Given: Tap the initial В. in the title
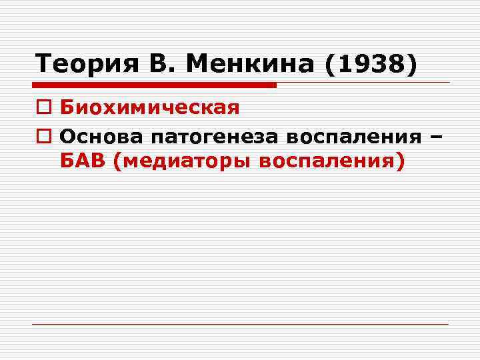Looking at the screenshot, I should pos(155,65).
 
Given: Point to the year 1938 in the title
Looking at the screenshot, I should pos(371,65).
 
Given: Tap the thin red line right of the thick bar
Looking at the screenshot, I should pos(363,83).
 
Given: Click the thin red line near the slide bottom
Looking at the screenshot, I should pos(240,324).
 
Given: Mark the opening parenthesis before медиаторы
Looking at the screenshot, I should pos(118,163).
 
